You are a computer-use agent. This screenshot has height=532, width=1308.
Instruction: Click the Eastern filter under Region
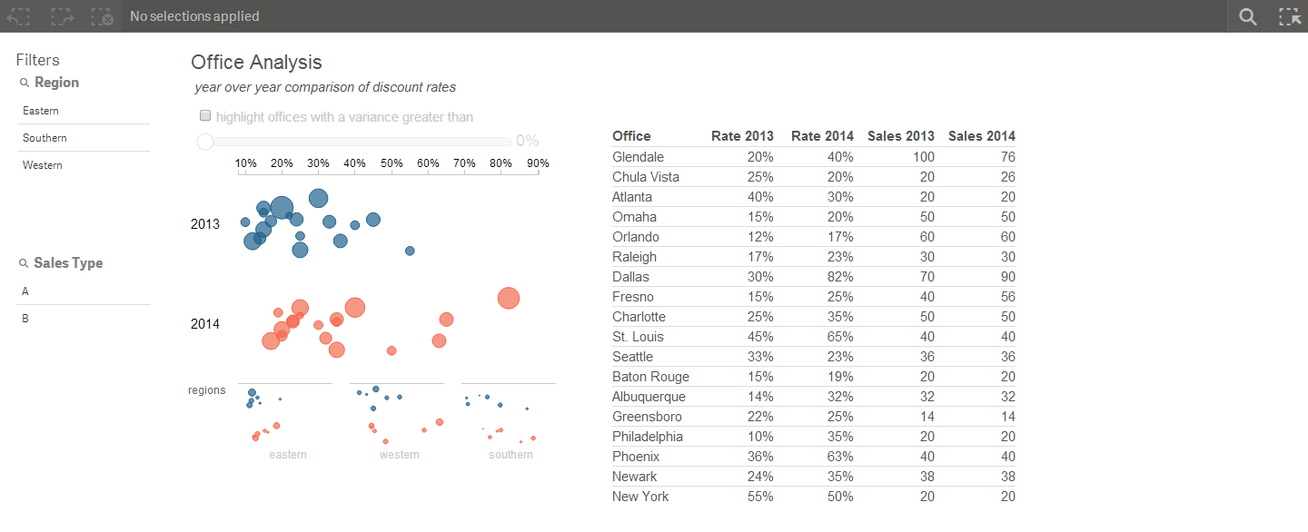coord(41,111)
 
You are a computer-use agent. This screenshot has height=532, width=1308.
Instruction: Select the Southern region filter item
coord(45,138)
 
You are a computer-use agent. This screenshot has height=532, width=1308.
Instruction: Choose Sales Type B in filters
coord(25,319)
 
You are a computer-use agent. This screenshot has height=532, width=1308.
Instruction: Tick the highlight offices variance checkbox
coord(205,116)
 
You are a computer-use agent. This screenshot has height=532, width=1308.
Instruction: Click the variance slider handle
coord(205,141)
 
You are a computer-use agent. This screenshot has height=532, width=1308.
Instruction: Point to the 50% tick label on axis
coord(391,163)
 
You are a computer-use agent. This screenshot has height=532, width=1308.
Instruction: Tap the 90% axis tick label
coord(538,163)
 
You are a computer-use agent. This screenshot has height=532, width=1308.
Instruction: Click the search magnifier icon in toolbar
coord(1248,16)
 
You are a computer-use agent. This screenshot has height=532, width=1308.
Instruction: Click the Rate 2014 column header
coord(822,136)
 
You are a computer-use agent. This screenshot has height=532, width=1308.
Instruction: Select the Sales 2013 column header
coord(900,136)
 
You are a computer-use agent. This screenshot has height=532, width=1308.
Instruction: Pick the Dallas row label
coord(630,277)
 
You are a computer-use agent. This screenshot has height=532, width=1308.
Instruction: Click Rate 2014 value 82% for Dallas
coord(840,277)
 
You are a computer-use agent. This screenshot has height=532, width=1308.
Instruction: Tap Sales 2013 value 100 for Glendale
coord(923,157)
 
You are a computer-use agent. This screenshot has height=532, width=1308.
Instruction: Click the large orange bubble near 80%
coord(509,298)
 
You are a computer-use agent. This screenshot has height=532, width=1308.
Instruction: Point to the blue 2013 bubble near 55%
coord(410,251)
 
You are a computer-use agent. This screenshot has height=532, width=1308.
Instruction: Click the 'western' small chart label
coord(399,454)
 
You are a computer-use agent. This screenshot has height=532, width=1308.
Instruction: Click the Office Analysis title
coord(256,62)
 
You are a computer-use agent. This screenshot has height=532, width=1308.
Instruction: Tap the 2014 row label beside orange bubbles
coord(205,324)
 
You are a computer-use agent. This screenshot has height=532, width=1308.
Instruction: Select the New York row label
coord(640,497)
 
